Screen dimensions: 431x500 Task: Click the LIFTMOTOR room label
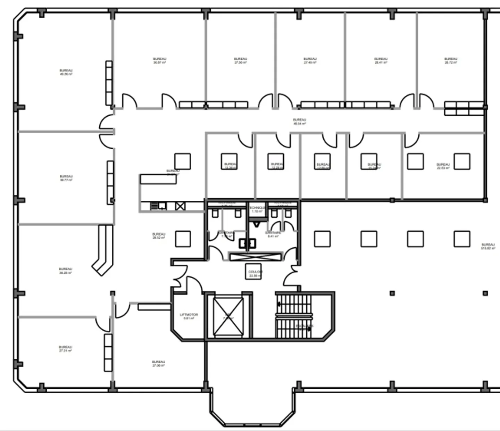pyautogui.click(x=189, y=316)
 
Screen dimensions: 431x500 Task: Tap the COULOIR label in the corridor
pyautogui.click(x=255, y=274)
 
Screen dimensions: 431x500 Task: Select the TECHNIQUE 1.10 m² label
pyautogui.click(x=257, y=209)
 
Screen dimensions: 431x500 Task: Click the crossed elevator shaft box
pyautogui.click(x=228, y=316)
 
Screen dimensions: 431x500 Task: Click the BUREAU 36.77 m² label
pyautogui.click(x=66, y=178)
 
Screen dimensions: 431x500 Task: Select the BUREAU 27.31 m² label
pyautogui.click(x=65, y=349)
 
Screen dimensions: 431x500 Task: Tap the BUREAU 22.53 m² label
pyautogui.click(x=443, y=166)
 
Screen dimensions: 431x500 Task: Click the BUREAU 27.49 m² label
pyautogui.click(x=310, y=61)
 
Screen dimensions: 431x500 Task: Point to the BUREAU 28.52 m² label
pyautogui.click(x=158, y=236)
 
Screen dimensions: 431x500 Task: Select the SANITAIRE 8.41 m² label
pyautogui.click(x=273, y=234)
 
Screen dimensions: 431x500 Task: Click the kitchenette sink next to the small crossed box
pyautogui.click(x=159, y=206)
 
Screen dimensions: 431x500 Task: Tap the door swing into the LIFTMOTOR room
pyautogui.click(x=194, y=285)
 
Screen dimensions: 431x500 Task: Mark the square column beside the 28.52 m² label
pyautogui.click(x=183, y=239)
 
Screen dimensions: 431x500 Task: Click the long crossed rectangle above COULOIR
pyautogui.click(x=255, y=257)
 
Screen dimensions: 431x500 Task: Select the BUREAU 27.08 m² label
pyautogui.click(x=158, y=364)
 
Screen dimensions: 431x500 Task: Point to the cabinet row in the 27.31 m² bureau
pyautogui.click(x=108, y=353)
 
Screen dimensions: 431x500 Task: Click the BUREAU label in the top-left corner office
pyautogui.click(x=66, y=72)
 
